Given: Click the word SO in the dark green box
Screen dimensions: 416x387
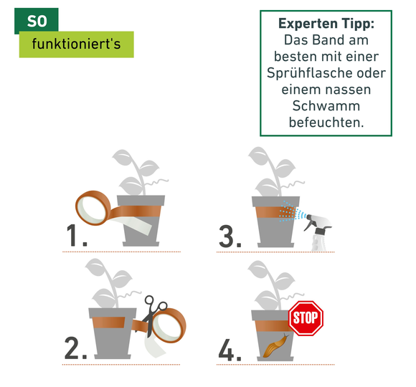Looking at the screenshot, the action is click(37, 21).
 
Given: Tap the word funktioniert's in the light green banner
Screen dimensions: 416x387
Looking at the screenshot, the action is click(77, 44).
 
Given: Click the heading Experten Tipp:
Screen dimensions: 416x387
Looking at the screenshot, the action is click(326, 24).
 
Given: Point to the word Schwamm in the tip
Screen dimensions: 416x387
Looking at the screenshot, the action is click(326, 106).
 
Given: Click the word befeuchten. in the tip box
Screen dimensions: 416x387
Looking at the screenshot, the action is click(326, 123).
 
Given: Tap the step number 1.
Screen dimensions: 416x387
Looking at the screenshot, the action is click(76, 236).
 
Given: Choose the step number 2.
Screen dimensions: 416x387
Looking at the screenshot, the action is click(75, 348).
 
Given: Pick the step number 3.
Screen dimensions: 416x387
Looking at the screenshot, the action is click(230, 236).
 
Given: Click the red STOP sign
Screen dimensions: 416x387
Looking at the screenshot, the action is click(306, 318).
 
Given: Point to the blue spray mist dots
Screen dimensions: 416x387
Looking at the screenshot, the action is click(292, 212).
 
